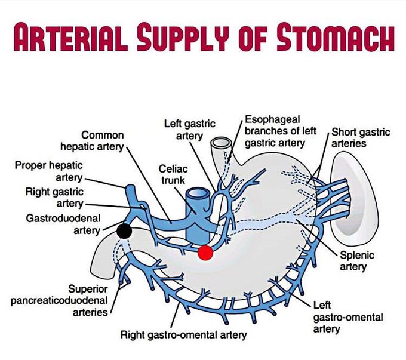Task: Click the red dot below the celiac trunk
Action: coord(205,253)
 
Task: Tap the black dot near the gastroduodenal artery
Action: coord(124,230)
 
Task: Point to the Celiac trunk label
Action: coord(173,174)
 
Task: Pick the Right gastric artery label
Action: coord(54,198)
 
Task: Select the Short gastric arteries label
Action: coord(357,137)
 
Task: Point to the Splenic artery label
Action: coord(357,261)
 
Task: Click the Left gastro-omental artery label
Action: coord(339,317)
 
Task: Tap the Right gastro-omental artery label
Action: coord(183,334)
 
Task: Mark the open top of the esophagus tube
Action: coord(221,143)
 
